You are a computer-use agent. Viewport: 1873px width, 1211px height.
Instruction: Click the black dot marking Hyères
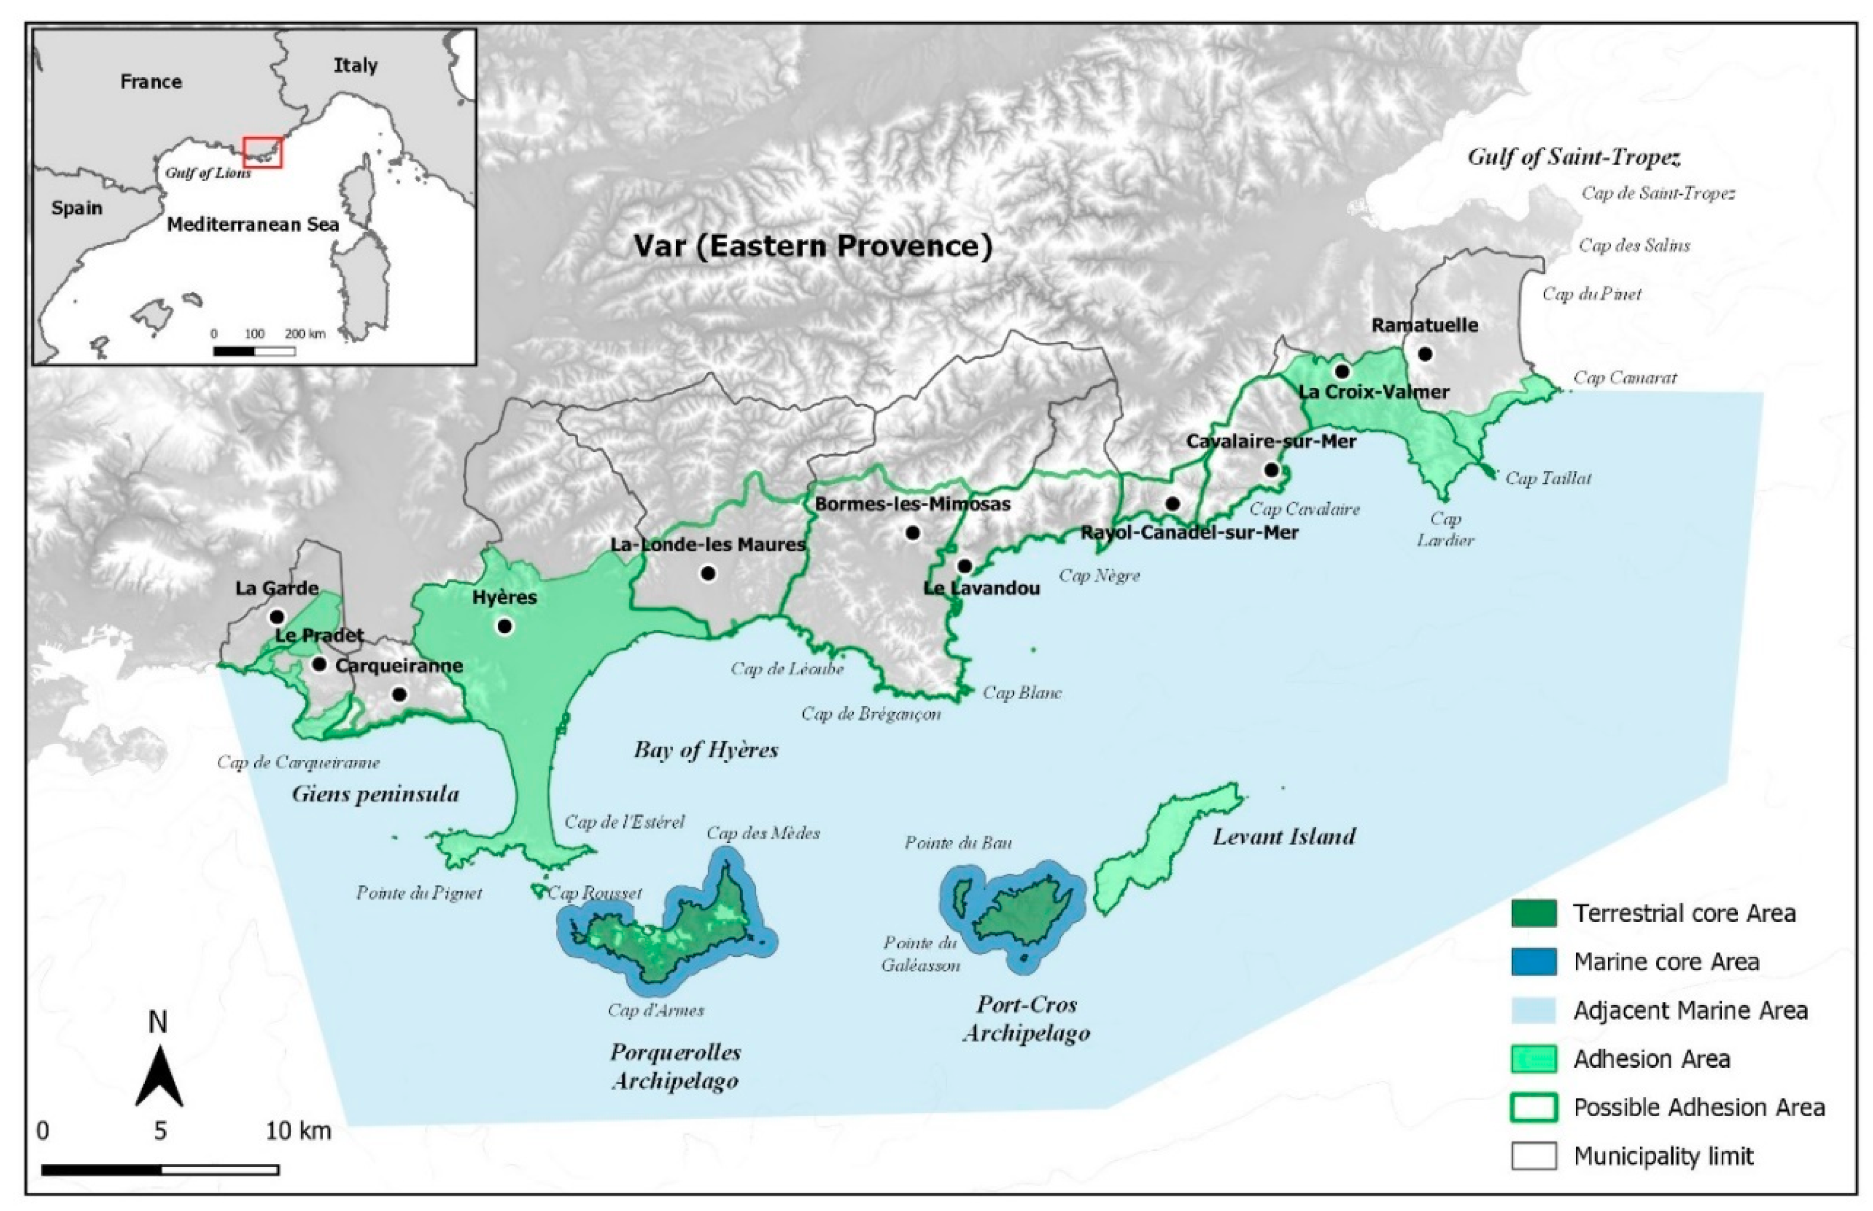pyautogui.click(x=505, y=626)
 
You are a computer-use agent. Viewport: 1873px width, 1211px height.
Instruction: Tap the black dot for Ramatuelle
pyautogui.click(x=1425, y=354)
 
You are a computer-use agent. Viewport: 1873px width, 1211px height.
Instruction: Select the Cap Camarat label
pyautogui.click(x=1624, y=378)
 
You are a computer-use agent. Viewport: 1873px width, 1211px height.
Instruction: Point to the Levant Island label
pyautogui.click(x=1284, y=837)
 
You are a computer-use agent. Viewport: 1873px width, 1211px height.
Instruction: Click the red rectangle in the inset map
pyautogui.click(x=263, y=152)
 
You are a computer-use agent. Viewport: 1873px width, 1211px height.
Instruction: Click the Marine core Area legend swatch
pyautogui.click(x=1533, y=962)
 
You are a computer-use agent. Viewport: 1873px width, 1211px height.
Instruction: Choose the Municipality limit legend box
pyautogui.click(x=1533, y=1156)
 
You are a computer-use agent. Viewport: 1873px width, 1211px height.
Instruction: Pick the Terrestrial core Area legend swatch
pyautogui.click(x=1533, y=913)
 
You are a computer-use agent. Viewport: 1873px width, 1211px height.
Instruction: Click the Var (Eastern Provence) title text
pyautogui.click(x=813, y=246)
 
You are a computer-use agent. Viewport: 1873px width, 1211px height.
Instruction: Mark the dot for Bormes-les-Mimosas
pyautogui.click(x=912, y=533)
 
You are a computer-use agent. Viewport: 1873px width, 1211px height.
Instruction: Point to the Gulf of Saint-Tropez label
pyautogui.click(x=1573, y=157)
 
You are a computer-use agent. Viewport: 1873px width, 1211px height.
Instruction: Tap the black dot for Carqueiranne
pyautogui.click(x=400, y=695)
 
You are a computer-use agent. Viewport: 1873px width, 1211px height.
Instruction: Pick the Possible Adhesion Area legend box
pyautogui.click(x=1533, y=1107)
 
